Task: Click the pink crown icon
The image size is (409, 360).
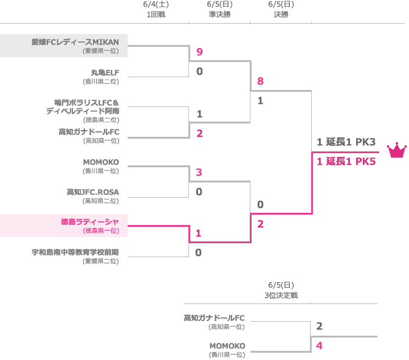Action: [396, 150]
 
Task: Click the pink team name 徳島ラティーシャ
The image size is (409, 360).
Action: [90, 222]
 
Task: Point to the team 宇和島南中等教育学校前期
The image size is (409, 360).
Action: [75, 252]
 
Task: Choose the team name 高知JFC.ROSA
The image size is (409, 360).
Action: [93, 192]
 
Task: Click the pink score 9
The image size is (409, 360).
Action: [199, 52]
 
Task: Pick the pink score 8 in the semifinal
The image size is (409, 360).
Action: [260, 81]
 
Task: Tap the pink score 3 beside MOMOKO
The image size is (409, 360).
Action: [199, 172]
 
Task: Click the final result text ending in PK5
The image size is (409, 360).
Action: [346, 161]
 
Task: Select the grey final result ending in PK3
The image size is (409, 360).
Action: [346, 142]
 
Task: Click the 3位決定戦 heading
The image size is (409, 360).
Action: [281, 295]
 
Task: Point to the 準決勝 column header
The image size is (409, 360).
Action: [219, 15]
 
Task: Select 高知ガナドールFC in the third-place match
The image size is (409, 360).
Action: [214, 317]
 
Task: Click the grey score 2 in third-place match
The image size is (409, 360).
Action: [319, 327]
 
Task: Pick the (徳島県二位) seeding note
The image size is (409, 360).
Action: [101, 120]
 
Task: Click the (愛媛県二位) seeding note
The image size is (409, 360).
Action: [101, 261]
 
